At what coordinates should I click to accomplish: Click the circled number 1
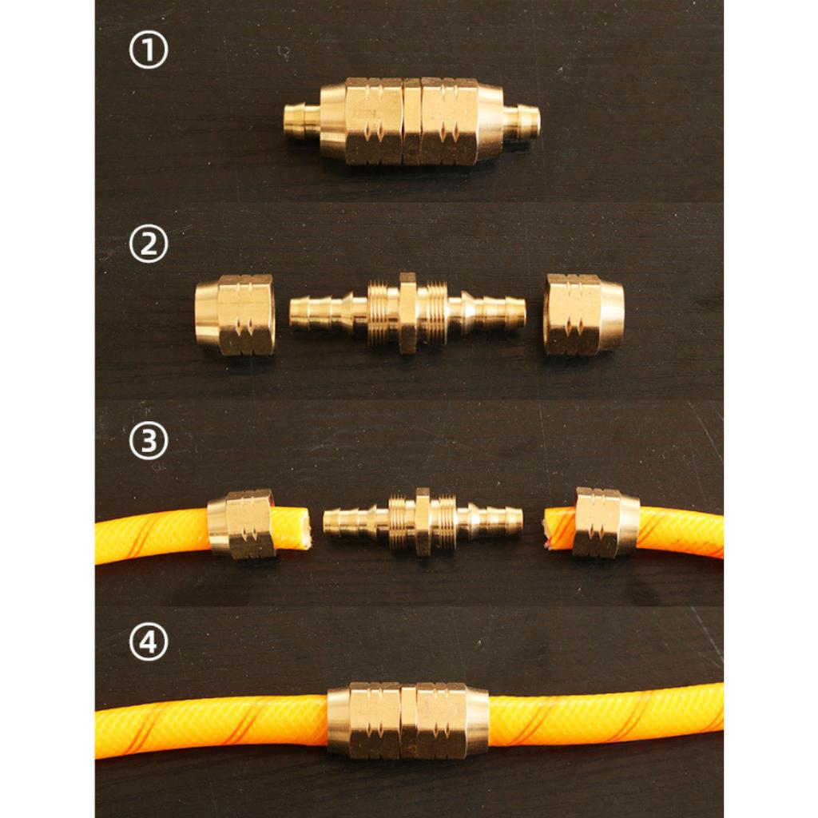pyautogui.click(x=149, y=50)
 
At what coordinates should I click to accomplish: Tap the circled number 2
pyautogui.click(x=149, y=244)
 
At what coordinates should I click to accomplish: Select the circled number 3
pyautogui.click(x=149, y=441)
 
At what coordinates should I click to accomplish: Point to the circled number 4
pyautogui.click(x=149, y=641)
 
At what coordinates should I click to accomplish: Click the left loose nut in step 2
pyautogui.click(x=235, y=315)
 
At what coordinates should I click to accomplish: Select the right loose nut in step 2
pyautogui.click(x=583, y=314)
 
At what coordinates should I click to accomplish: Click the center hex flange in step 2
pyautogui.click(x=407, y=313)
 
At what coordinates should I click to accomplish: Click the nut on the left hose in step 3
pyautogui.click(x=241, y=524)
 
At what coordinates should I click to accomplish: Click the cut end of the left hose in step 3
pyautogui.click(x=305, y=528)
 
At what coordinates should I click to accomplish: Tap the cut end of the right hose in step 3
pyautogui.click(x=547, y=530)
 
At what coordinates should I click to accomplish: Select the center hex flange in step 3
pyautogui.click(x=423, y=522)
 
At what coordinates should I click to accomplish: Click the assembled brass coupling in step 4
pyautogui.click(x=408, y=721)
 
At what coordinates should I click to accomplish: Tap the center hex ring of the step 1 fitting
pyautogui.click(x=412, y=121)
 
